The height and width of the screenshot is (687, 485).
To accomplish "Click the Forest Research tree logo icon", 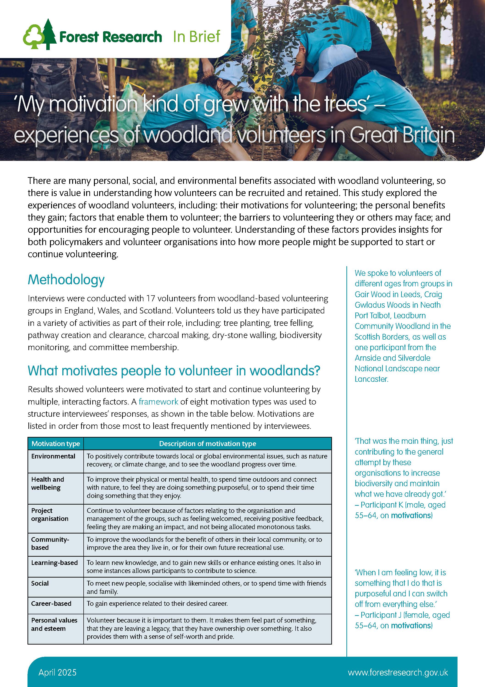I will click(x=39, y=35).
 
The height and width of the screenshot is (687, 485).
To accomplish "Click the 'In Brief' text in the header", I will click(x=196, y=36).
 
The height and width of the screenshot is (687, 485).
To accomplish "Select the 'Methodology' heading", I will click(x=66, y=280).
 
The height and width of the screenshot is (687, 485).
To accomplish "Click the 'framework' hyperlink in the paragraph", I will click(x=158, y=402).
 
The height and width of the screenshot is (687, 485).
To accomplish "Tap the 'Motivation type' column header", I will click(x=56, y=444).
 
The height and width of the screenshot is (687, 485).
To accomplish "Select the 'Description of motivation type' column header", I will click(x=207, y=444).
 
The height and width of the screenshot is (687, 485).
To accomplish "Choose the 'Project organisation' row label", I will click(x=50, y=515).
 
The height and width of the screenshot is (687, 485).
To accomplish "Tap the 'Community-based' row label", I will click(x=50, y=543).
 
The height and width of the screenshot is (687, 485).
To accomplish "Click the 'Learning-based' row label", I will click(x=54, y=563).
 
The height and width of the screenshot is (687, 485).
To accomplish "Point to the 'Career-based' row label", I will click(x=51, y=603).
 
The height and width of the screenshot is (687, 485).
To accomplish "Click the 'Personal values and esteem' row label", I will click(x=54, y=624).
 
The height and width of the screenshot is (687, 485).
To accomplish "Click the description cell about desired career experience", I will click(x=157, y=603).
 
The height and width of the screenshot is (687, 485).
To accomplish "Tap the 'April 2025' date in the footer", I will click(x=57, y=672).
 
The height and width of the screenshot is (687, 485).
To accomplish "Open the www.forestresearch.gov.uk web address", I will click(x=398, y=672).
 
